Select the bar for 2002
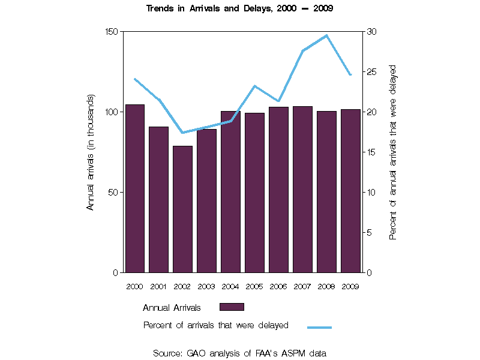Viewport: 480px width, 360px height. [182, 209]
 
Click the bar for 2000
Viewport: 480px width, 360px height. [134, 188]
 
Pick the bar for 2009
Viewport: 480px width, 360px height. [350, 191]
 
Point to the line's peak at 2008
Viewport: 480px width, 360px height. [326, 35]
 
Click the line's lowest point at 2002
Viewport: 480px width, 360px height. [182, 133]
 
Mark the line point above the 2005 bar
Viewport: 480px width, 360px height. [254, 86]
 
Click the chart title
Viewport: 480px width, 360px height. [240, 8]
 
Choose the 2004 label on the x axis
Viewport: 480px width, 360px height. [230, 286]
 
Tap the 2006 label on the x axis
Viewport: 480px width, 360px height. [278, 286]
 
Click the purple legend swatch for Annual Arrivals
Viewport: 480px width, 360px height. [232, 307]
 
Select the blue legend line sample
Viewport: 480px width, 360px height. [319, 327]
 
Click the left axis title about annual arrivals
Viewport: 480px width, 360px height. [91, 152]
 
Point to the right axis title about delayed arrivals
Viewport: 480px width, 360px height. [393, 152]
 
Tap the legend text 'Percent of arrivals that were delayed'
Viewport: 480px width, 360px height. [216, 325]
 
